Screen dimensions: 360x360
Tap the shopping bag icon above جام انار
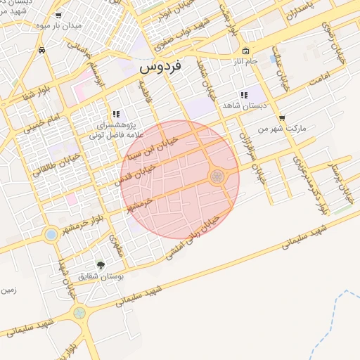(x=245, y=51)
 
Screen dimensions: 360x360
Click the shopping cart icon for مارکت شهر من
(x=282, y=118)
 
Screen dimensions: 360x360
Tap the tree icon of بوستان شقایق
(x=101, y=265)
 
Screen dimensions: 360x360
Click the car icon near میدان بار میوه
(x=43, y=50)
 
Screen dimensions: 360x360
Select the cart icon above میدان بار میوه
(x=58, y=14)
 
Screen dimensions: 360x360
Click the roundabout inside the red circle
(x=217, y=176)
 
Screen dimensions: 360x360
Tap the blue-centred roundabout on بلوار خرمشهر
(x=51, y=234)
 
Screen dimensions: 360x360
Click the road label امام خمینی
(x=43, y=121)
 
